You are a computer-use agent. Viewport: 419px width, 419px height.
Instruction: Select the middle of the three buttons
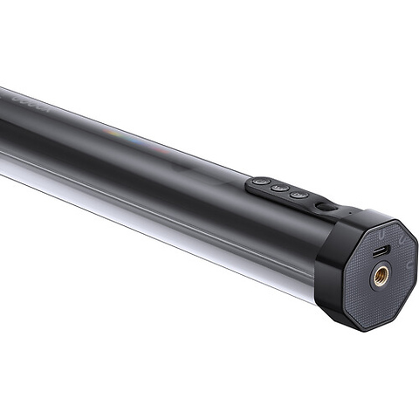pyautogui.click(x=278, y=187)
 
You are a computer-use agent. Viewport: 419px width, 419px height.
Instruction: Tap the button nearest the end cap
pyautogui.click(x=299, y=194)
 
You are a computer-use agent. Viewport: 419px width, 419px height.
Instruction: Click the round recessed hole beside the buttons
pyautogui.click(x=324, y=207)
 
